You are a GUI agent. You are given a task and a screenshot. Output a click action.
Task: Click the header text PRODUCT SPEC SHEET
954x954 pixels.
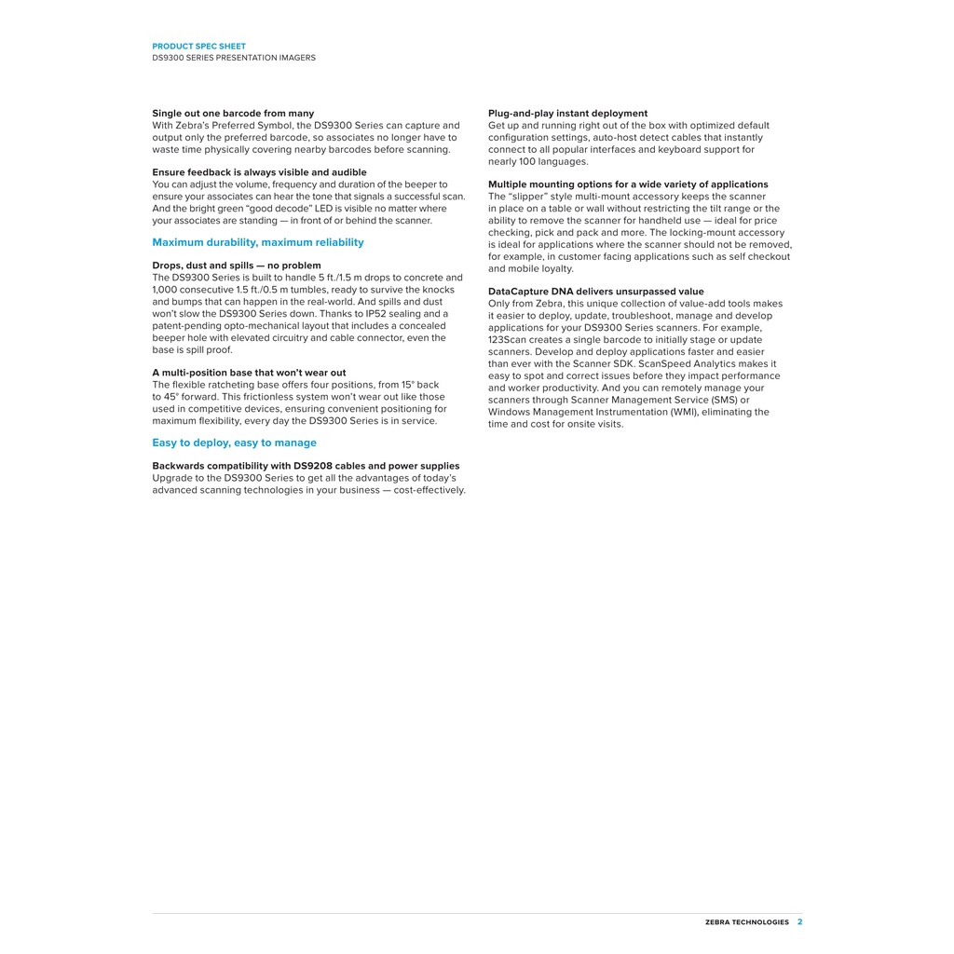tap(198, 46)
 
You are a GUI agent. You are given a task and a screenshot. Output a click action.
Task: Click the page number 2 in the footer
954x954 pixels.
tap(799, 922)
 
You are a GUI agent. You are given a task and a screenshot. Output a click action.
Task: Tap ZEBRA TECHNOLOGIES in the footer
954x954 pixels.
tap(746, 922)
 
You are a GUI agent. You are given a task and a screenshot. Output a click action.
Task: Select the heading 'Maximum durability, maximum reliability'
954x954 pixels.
tap(258, 242)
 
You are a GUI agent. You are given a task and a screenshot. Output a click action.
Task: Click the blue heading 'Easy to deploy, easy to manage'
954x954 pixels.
tap(234, 443)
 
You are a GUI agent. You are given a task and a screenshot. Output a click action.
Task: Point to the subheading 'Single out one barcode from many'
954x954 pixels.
tap(233, 114)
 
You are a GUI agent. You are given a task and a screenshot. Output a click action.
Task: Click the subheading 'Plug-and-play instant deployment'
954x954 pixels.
tap(567, 114)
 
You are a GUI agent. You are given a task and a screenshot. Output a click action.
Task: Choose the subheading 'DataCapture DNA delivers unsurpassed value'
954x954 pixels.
tap(595, 292)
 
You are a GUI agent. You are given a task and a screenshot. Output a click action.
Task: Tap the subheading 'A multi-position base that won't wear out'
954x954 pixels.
tap(249, 373)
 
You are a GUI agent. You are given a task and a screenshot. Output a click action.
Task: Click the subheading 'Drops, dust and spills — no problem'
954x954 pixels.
tap(237, 266)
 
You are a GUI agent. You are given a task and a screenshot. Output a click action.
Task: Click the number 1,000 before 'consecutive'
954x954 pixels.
tap(166, 290)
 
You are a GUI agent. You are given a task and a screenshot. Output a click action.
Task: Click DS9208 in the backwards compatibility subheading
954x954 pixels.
tap(313, 466)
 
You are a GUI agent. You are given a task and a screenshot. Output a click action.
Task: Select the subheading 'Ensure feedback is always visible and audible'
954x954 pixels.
tap(259, 172)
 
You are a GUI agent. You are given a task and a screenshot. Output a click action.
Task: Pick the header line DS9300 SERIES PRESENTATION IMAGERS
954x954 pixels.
tap(234, 58)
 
